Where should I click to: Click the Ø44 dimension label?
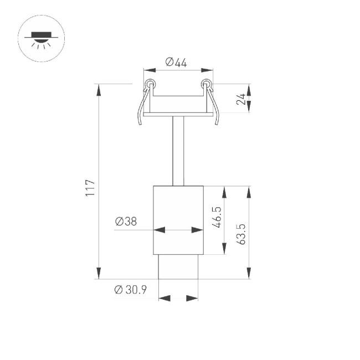[177, 63]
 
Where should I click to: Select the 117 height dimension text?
[91, 188]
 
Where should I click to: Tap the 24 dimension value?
[240, 99]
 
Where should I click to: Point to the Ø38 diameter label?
[126, 222]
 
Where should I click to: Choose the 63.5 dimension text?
[240, 233]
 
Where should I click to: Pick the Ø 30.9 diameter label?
[130, 290]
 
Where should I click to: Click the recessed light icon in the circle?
[41, 38]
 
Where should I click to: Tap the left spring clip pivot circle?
[148, 85]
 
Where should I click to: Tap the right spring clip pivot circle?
[207, 85]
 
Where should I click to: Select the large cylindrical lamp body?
[178, 220]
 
